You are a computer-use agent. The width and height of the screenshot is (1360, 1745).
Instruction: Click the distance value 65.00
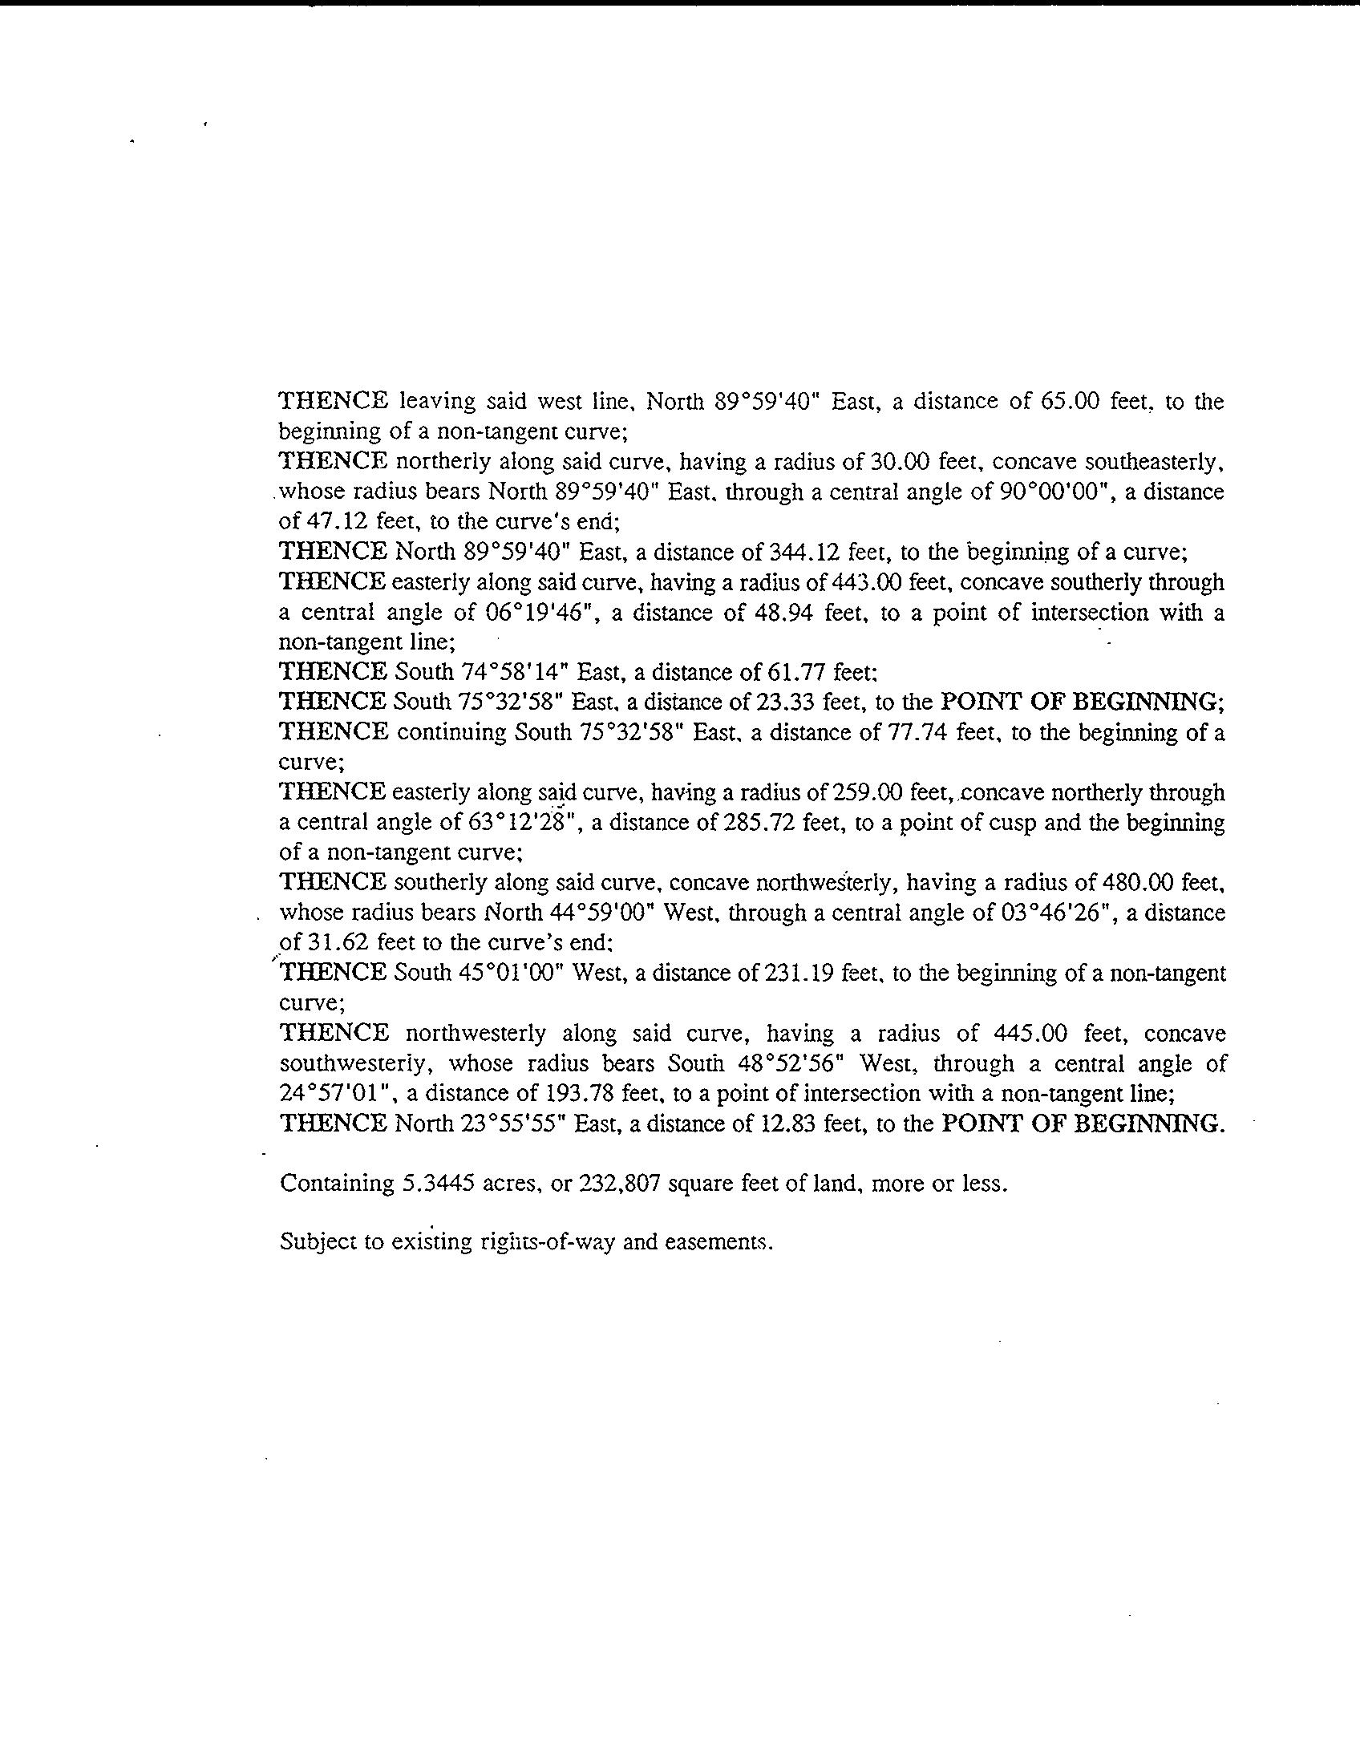click(1068, 401)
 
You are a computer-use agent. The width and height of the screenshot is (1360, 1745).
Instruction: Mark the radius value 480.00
click(1139, 883)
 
